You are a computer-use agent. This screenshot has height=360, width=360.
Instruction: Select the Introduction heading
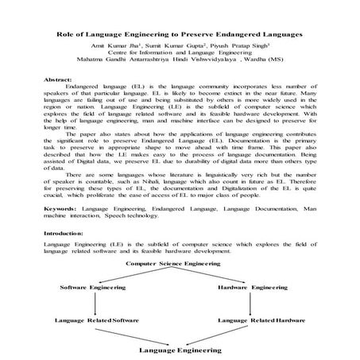coord(67,235)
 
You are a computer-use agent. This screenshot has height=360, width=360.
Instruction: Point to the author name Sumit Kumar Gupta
coord(176,48)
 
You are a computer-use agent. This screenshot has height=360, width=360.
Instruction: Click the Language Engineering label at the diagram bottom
coord(180,349)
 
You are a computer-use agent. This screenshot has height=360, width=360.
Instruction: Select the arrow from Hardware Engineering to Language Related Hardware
coord(256,303)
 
